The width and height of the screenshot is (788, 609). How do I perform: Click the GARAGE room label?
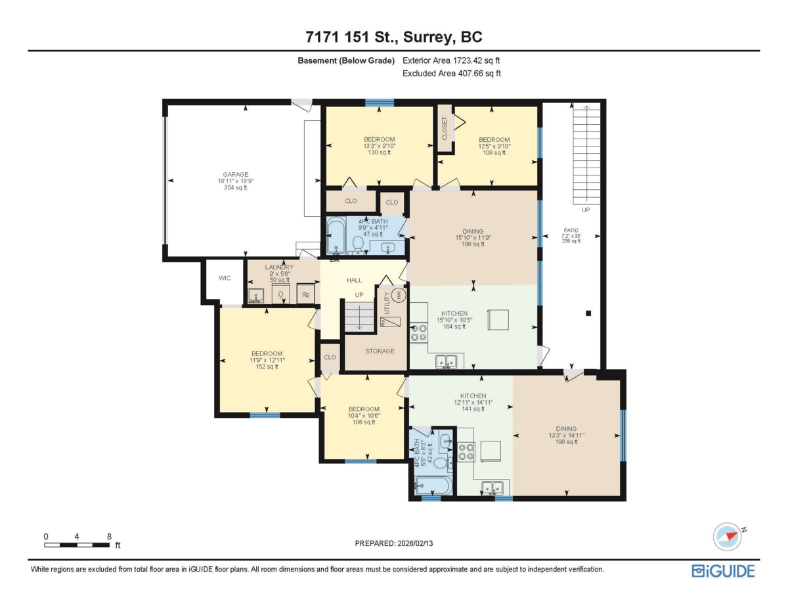[x=235, y=175]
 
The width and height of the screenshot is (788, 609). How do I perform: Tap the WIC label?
[x=225, y=278]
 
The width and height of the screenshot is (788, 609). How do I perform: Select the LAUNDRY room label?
[x=279, y=268]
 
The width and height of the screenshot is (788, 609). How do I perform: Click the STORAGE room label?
[x=380, y=351]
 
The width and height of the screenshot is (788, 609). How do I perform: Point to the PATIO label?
[x=571, y=229]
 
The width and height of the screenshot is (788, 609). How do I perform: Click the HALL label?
[x=354, y=281]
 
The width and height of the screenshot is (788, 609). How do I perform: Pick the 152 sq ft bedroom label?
[x=266, y=353]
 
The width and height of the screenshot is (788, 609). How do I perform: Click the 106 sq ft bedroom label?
[x=364, y=409]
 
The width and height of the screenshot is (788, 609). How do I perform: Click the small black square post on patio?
[x=588, y=313]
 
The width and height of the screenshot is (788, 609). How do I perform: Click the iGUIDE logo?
[x=723, y=571]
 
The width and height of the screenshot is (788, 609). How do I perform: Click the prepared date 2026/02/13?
[x=394, y=543]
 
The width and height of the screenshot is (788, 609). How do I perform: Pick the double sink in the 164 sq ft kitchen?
[x=447, y=360]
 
